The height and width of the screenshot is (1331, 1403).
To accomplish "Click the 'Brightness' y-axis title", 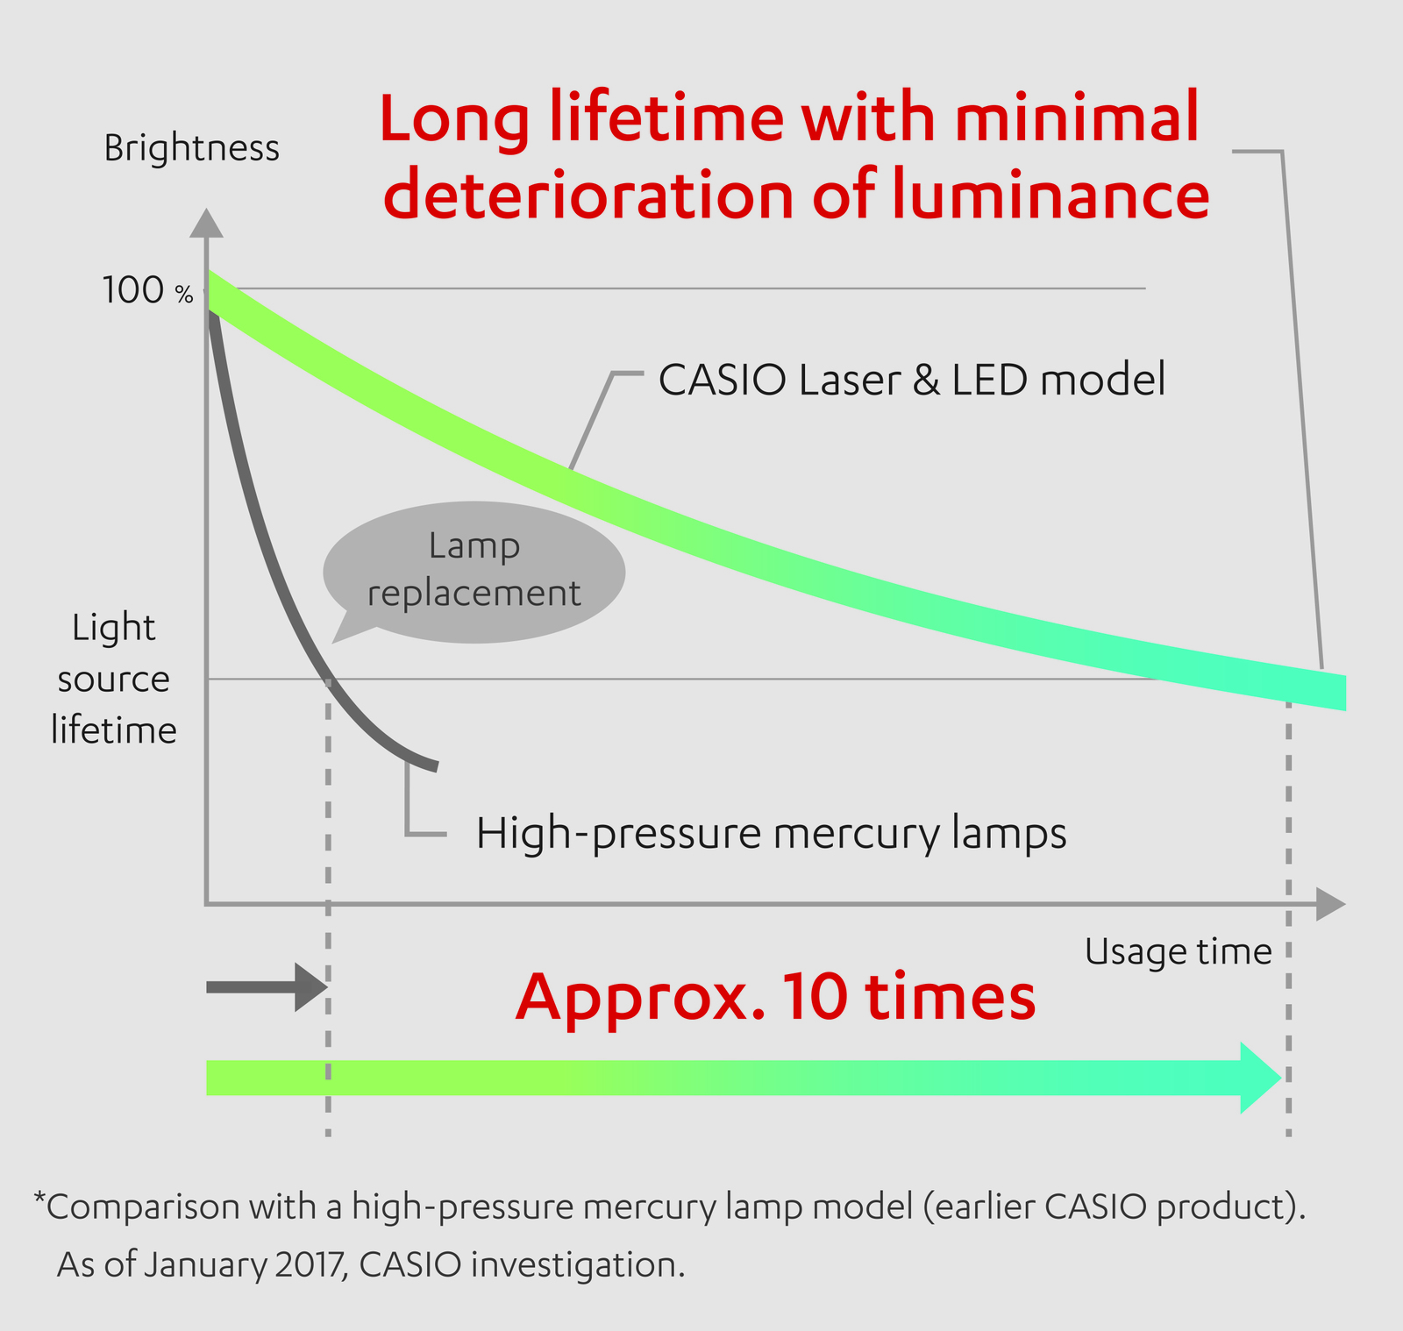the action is click(x=191, y=147).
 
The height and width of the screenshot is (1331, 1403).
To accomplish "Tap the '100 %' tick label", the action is click(x=147, y=290).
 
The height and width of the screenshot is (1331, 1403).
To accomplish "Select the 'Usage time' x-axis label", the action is click(x=1178, y=950).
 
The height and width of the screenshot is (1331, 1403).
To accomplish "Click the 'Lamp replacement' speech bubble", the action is click(x=474, y=571).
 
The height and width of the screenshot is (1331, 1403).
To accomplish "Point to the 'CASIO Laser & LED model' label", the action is click(x=912, y=380).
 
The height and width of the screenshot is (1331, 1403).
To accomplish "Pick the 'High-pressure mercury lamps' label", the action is click(x=772, y=833).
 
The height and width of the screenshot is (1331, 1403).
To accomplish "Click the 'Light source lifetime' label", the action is click(x=114, y=679).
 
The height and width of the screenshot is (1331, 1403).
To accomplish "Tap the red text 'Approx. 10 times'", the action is click(x=775, y=997).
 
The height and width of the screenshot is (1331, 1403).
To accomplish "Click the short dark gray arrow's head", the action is click(x=311, y=987).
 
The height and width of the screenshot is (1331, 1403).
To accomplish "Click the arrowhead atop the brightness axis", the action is click(x=206, y=223).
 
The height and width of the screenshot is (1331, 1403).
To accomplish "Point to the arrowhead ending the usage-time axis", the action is click(x=1331, y=904).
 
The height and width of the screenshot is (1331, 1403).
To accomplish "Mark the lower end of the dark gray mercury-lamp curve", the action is click(x=436, y=767).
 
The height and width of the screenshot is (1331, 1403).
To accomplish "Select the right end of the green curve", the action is click(x=1344, y=693).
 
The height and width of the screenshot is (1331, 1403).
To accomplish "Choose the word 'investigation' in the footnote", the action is click(x=577, y=1265).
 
